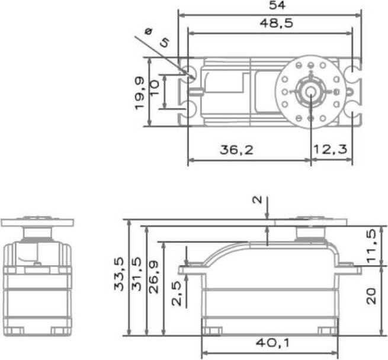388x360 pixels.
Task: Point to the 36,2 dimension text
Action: click(x=236, y=150)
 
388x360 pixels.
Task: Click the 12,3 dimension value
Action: click(x=331, y=150)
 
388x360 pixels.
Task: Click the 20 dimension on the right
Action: click(x=371, y=296)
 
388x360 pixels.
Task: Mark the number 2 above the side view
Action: click(x=257, y=200)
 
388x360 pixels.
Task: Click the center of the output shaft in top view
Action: click(x=311, y=91)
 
